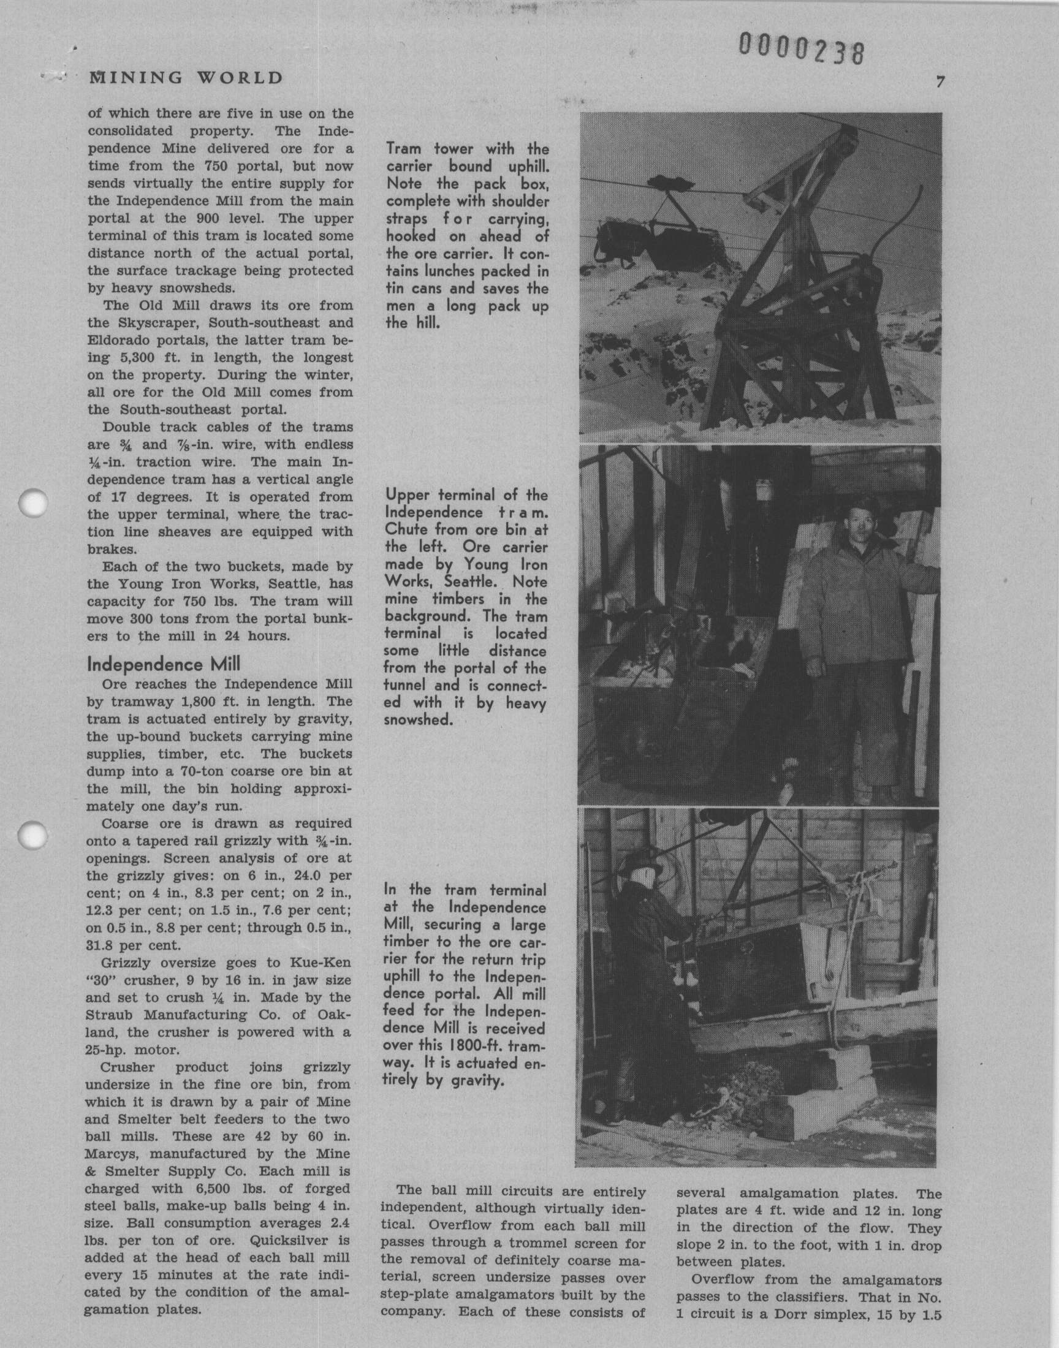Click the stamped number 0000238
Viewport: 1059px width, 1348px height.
coord(801,48)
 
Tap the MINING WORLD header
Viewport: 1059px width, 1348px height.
coord(186,78)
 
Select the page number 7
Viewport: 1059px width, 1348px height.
coord(941,82)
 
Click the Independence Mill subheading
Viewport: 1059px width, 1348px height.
coord(164,664)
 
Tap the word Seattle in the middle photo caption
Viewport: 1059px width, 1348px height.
coord(451,583)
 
